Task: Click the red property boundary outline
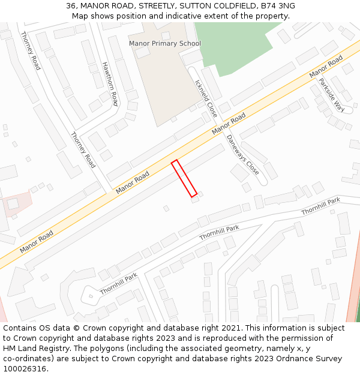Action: [184, 178]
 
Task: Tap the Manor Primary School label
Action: [165, 44]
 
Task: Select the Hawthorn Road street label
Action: [110, 84]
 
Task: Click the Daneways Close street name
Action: [242, 154]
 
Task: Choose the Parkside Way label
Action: [331, 95]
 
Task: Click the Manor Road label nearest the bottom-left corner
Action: [36, 241]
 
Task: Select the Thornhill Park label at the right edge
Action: [320, 207]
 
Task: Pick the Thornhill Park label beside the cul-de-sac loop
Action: [119, 284]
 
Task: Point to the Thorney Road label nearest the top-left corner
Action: [31, 51]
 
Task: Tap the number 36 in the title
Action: [71, 6]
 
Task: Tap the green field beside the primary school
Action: [240, 45]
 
